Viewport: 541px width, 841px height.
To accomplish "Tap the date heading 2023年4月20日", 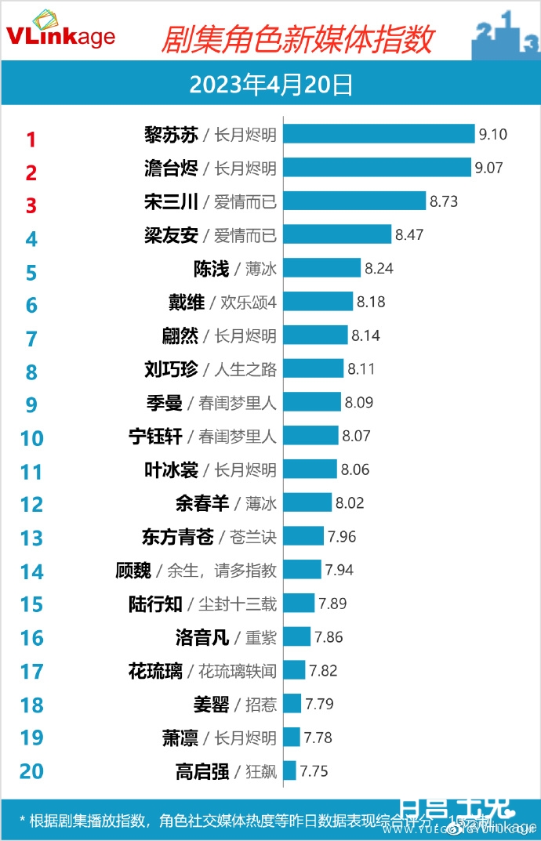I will click(270, 85).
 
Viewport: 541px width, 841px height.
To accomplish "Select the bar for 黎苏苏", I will click(379, 134).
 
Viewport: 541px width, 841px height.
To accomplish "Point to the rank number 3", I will click(31, 205).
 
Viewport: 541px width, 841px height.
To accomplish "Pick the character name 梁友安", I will click(171, 234).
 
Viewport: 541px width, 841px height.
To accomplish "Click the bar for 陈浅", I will click(321, 268).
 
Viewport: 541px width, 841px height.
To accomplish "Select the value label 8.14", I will click(365, 335).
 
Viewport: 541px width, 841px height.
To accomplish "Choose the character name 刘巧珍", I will click(171, 368).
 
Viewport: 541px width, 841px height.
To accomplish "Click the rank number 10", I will click(31, 437).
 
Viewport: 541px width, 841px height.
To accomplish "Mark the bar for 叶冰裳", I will click(310, 469).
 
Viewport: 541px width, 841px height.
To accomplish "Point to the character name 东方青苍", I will click(177, 536).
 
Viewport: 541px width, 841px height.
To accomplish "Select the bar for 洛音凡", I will click(296, 636).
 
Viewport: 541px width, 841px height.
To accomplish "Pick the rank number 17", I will click(31, 672).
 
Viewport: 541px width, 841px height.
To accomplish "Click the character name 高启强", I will click(202, 771).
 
